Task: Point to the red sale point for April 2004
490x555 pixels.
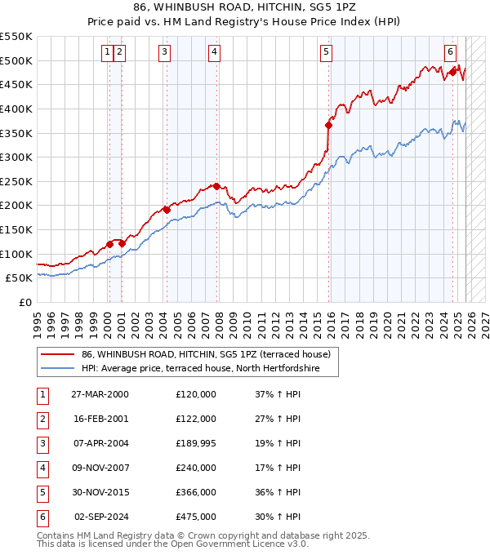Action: (x=167, y=210)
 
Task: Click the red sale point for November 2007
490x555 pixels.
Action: (x=216, y=186)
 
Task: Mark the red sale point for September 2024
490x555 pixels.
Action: (x=452, y=72)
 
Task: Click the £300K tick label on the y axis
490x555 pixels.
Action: (x=16, y=157)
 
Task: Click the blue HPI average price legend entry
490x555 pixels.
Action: (x=199, y=369)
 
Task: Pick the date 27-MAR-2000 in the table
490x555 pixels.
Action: (x=100, y=394)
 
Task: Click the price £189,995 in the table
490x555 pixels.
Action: (x=196, y=443)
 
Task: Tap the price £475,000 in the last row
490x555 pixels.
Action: (x=196, y=517)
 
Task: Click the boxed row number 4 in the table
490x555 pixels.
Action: (x=42, y=468)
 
